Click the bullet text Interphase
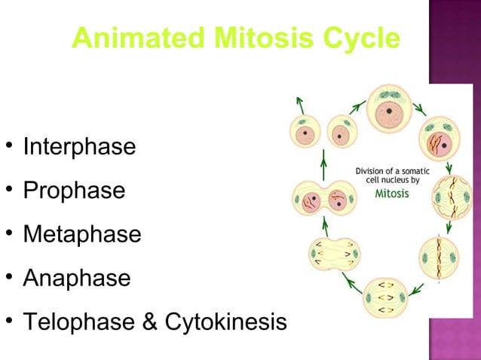(x=79, y=146)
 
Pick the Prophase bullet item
(x=74, y=191)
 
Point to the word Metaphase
(x=81, y=234)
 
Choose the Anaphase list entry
(x=76, y=278)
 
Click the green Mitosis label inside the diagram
(x=392, y=194)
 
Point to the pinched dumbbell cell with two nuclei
(x=323, y=200)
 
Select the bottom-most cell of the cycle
(x=384, y=297)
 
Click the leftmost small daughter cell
(x=306, y=135)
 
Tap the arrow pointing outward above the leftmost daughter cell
(x=300, y=105)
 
